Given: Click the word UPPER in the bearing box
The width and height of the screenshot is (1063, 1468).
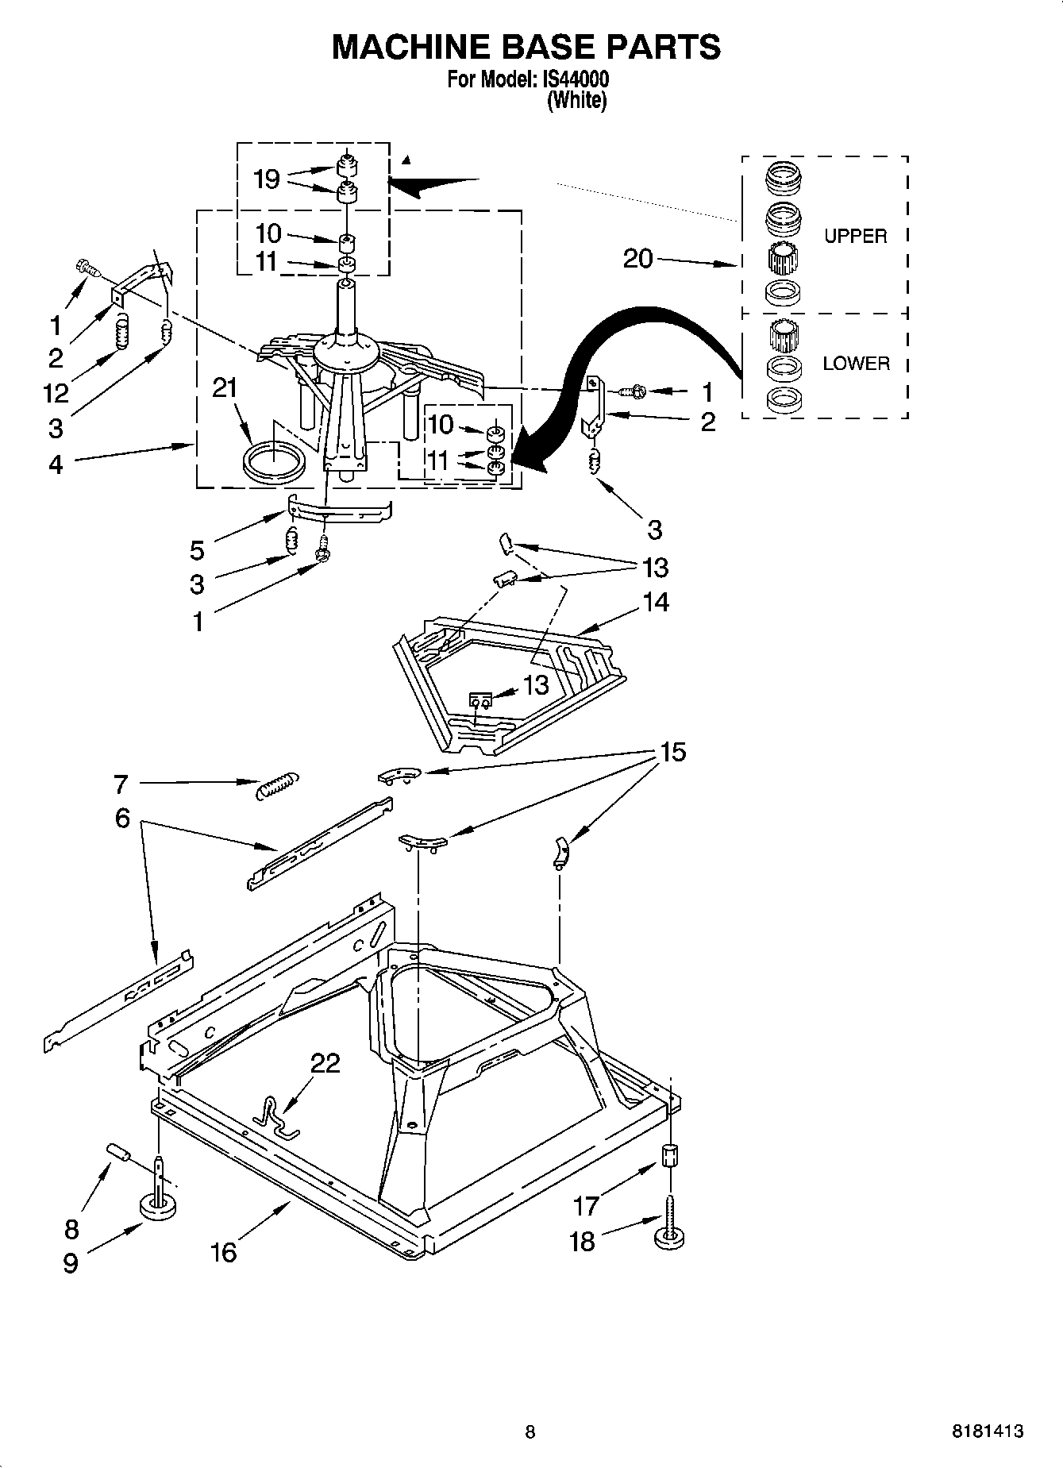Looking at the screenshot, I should [855, 236].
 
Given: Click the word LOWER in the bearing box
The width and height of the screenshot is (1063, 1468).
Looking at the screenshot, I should [856, 364].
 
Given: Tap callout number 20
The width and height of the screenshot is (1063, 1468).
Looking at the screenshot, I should [637, 258].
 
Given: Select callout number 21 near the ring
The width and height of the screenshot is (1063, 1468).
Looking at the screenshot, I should [225, 387].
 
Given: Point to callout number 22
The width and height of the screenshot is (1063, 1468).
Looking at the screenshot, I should [325, 1062].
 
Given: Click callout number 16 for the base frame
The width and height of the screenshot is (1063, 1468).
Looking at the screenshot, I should [224, 1252].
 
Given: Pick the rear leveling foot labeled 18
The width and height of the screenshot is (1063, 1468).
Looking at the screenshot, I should [669, 1235].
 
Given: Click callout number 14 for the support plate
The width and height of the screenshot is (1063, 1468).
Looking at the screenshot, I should [656, 603].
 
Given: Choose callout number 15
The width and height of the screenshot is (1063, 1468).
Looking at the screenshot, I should [672, 751].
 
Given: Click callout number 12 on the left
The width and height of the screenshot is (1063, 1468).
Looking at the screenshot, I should [56, 392].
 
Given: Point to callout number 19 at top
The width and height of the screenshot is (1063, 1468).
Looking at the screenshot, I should [267, 179].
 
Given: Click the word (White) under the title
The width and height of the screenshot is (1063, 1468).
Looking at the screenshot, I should [576, 101].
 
